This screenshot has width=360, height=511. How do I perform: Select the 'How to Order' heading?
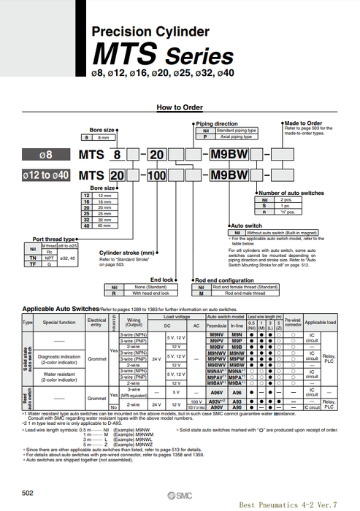180,107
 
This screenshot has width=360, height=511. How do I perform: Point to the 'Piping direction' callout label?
217,123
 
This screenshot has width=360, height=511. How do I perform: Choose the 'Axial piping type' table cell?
223,137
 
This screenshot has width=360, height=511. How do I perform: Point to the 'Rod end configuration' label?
224,280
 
